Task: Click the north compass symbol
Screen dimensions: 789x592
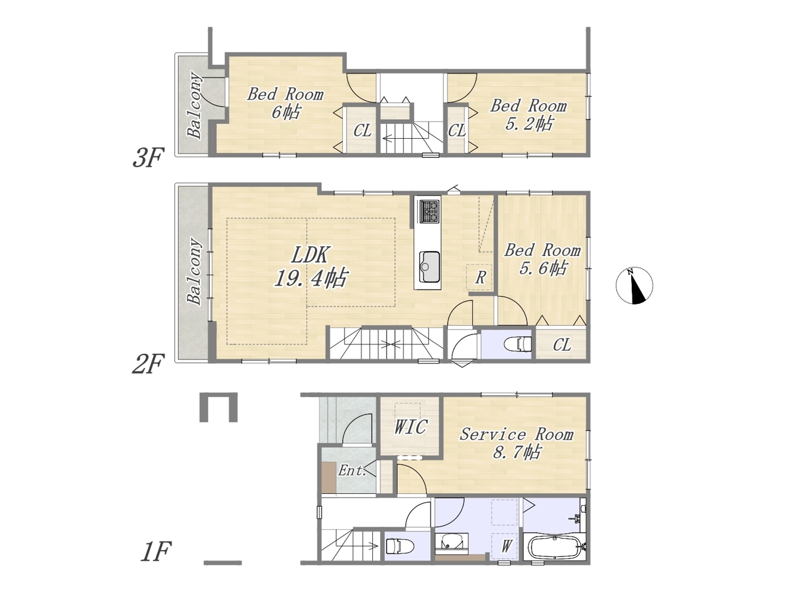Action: pos(634,286)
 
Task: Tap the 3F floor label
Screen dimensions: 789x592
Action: pos(148,158)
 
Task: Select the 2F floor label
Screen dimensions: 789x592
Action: pos(148,363)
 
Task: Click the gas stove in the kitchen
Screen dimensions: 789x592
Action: pos(429,212)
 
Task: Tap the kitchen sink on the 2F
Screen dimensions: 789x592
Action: pos(429,266)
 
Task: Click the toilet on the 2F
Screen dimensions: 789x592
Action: pos(518,344)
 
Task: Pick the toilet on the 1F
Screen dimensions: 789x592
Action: pos(399,548)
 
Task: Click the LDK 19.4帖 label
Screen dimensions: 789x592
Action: pos(311,266)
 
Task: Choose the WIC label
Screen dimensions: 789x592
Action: pos(410,426)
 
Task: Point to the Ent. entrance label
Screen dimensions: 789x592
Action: pos(352,470)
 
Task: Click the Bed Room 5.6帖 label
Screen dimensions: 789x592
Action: pos(542,259)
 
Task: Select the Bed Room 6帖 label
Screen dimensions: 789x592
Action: pos(285,103)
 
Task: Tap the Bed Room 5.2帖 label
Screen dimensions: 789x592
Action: pos(528,115)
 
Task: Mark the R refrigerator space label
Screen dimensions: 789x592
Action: pos(480,277)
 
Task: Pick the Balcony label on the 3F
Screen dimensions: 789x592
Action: pos(194,105)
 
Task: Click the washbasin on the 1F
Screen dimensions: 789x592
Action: pos(451,545)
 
